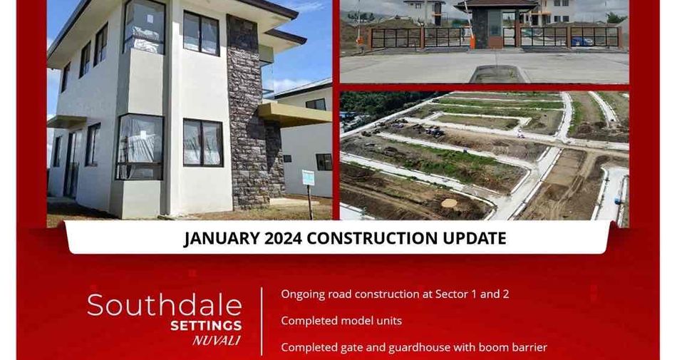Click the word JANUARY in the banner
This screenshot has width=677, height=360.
pos(221,238)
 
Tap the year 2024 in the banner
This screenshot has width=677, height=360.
pos(283,238)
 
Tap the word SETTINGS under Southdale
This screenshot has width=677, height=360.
pos(206,326)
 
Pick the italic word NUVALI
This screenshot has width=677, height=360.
pos(217,341)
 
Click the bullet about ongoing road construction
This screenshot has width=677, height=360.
pos(395,294)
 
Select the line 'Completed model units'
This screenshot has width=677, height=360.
pos(341,321)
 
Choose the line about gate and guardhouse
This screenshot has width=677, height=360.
pos(414,347)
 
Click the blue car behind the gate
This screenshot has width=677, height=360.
pos(581,41)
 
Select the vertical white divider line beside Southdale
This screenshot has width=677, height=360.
pos(262,322)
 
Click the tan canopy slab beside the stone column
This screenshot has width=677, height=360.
pos(295,114)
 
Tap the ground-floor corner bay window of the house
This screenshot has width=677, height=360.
pos(140,147)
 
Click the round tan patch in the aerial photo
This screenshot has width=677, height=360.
pos(449,203)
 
